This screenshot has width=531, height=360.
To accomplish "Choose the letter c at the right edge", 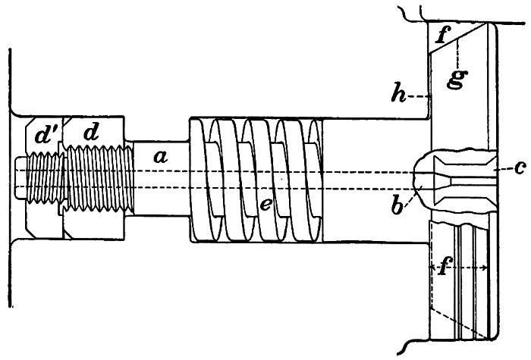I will click(x=519, y=167).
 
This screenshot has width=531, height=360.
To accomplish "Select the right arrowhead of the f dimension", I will click(x=485, y=268).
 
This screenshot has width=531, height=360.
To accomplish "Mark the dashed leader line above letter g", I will click(x=459, y=53).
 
